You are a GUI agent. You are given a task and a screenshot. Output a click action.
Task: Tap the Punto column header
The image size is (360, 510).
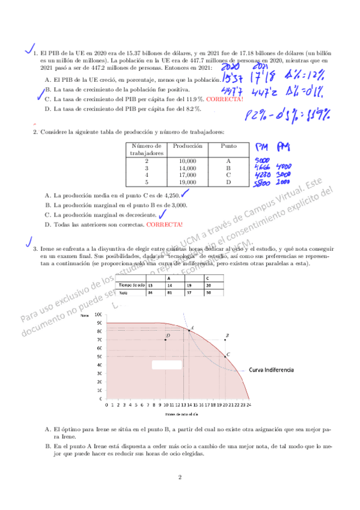coord(228,146)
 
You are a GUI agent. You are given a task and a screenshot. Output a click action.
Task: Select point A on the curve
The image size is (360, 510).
coord(190,330)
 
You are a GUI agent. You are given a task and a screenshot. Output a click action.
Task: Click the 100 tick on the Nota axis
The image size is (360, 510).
coord(99,315)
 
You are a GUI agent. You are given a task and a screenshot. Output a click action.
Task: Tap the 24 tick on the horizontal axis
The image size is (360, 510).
coord(248,405)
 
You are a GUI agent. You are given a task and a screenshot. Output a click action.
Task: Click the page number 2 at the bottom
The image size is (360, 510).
coord(180,478)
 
